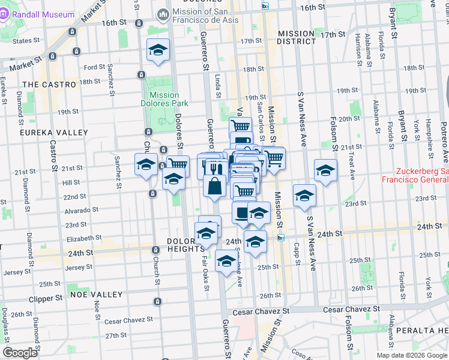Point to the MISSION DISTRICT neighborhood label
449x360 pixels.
(296, 37)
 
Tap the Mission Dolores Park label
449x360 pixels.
(164, 99)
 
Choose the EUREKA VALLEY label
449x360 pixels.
(53, 132)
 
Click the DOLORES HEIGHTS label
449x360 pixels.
(185, 245)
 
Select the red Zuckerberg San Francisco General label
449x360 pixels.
(414, 175)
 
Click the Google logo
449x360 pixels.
(20, 353)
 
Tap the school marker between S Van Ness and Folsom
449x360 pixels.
(325, 172)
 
